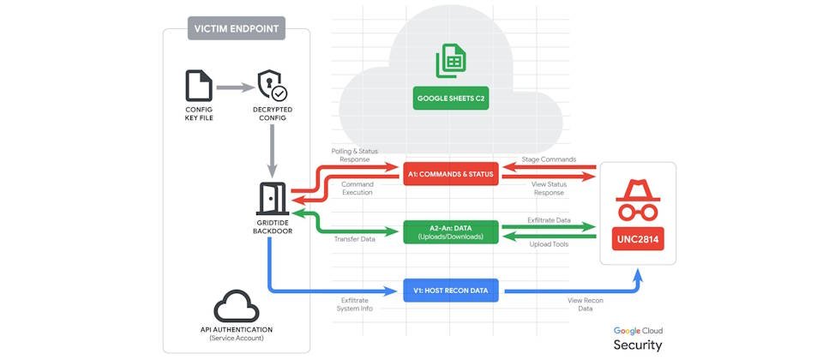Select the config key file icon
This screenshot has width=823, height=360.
199,87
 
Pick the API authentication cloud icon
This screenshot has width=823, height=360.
236,305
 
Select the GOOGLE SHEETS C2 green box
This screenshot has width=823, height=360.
450,99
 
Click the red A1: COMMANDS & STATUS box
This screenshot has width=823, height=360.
450,175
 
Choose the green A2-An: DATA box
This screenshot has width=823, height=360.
450,231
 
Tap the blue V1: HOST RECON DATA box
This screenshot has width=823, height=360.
450,291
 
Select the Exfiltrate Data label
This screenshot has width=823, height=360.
550,220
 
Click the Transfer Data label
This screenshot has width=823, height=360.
355,239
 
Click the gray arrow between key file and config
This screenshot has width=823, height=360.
235,87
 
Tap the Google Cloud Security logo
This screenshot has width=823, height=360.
638,338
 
